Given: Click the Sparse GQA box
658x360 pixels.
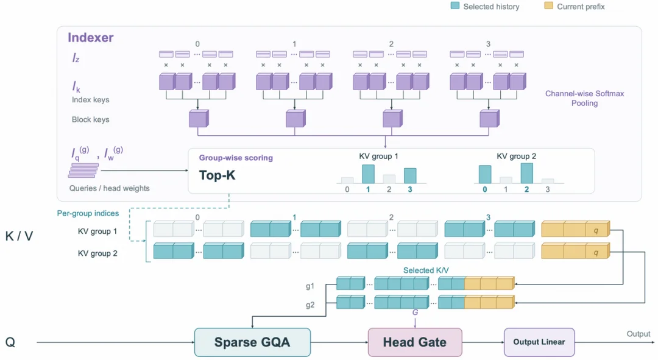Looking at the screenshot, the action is click(x=252, y=342).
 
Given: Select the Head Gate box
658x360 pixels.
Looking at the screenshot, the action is click(x=415, y=342).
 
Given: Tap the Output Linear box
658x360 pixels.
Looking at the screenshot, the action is click(x=539, y=342).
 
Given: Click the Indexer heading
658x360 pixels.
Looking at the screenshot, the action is click(x=91, y=37).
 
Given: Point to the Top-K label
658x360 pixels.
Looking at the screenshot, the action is click(x=217, y=175).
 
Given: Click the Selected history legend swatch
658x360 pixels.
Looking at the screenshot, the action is click(x=455, y=6).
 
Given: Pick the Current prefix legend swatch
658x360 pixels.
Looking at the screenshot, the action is click(x=548, y=6).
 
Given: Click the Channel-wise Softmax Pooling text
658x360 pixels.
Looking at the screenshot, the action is click(x=584, y=98).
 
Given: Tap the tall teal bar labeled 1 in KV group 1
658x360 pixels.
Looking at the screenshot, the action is click(x=368, y=174).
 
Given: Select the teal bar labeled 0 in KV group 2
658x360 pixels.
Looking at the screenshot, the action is click(x=485, y=174).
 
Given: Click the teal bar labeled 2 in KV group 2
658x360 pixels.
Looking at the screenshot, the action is click(x=526, y=173).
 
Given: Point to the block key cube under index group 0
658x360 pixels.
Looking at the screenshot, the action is click(x=199, y=118).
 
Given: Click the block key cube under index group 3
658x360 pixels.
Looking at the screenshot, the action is click(x=489, y=118).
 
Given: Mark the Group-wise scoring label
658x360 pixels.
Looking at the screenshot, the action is click(x=236, y=158).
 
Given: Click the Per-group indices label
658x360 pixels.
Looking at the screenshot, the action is click(x=88, y=213).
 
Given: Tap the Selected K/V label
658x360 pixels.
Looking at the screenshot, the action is click(x=426, y=270).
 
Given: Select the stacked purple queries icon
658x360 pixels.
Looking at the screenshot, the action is click(x=84, y=171).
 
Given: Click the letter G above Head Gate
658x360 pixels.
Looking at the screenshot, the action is click(x=415, y=312).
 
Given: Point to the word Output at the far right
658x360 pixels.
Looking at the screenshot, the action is click(x=639, y=334).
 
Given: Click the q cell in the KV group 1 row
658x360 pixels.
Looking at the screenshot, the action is click(x=596, y=230).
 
